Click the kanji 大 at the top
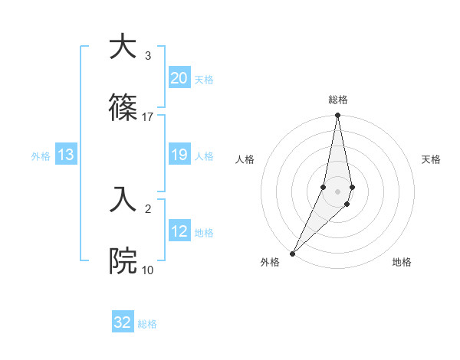click(x=123, y=47)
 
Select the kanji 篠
click(x=123, y=109)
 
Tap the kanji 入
click(x=123, y=200)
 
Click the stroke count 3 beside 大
click(x=147, y=56)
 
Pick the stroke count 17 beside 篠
click(x=148, y=117)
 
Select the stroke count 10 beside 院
click(x=148, y=270)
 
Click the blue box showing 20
click(x=179, y=78)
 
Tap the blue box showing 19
click(x=179, y=155)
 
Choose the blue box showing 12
click(x=179, y=231)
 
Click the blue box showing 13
click(x=66, y=155)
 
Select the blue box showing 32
click(x=123, y=322)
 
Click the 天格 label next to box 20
click(x=204, y=79)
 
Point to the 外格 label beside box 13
click(x=41, y=156)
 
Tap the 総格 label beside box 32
click(x=147, y=324)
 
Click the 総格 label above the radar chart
click(x=337, y=100)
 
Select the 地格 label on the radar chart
click(x=402, y=262)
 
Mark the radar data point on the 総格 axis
click(x=337, y=116)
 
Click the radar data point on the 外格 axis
click(x=292, y=253)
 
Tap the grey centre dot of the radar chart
click(x=337, y=191)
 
